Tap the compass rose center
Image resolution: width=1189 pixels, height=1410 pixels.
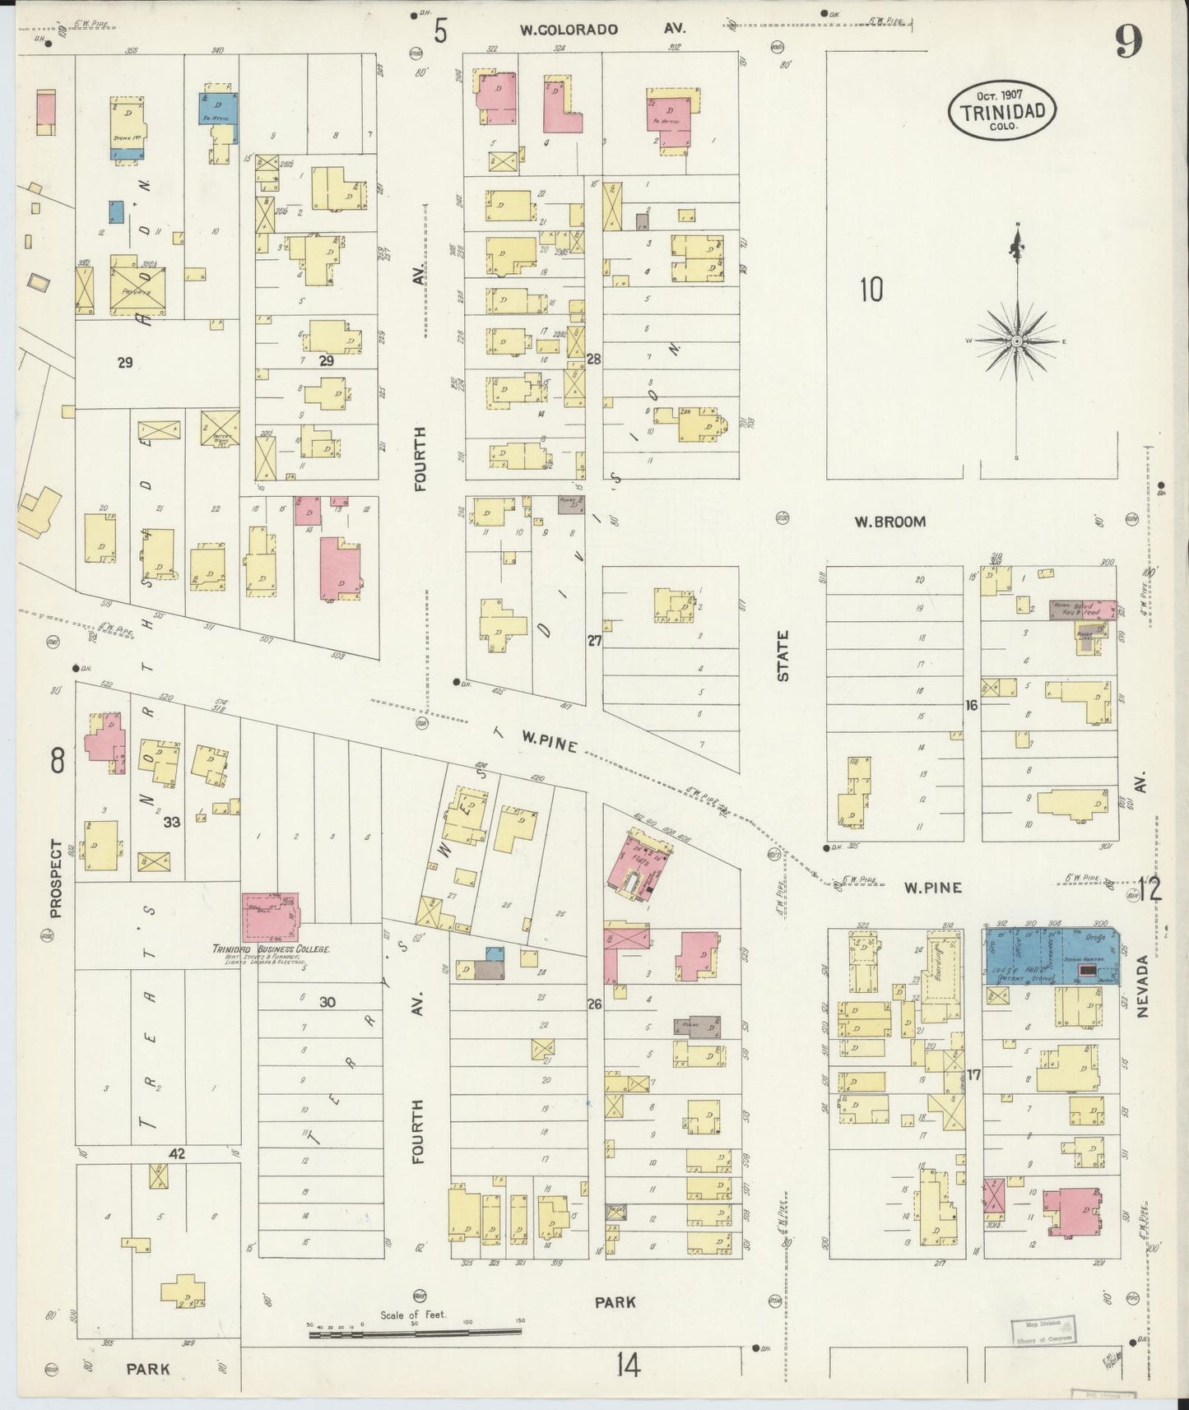click(1017, 341)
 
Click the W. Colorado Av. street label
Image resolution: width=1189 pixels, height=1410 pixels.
click(602, 30)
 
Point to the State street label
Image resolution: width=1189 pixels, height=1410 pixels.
click(783, 656)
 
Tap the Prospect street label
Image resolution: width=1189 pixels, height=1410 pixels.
click(56, 878)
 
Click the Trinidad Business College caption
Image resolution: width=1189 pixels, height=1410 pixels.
click(272, 949)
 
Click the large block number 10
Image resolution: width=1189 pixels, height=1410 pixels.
click(871, 290)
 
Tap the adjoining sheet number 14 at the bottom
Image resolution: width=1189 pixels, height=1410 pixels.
click(626, 1366)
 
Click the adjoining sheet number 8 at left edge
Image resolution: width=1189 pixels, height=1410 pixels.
click(56, 762)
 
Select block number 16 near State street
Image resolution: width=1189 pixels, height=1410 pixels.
click(972, 705)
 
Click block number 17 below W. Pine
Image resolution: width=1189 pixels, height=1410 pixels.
click(974, 1074)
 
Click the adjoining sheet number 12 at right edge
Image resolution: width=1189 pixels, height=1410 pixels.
click(1150, 889)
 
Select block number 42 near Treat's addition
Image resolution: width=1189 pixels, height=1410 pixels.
click(176, 1154)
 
